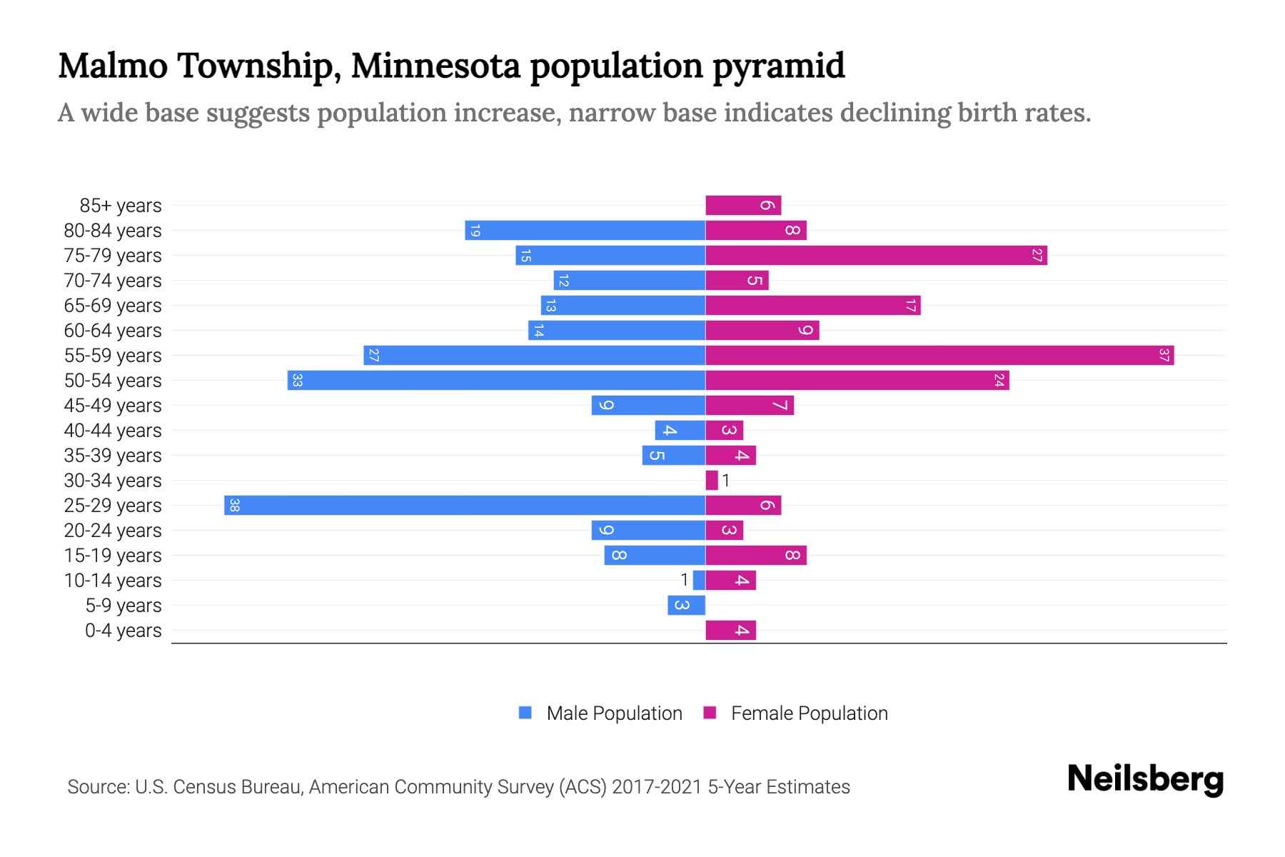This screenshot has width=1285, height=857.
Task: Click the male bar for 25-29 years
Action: (x=464, y=505)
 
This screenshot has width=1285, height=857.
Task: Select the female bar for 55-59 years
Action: (x=939, y=355)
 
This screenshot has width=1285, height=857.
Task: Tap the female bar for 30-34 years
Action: (x=712, y=480)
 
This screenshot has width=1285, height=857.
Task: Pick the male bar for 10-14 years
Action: (x=699, y=580)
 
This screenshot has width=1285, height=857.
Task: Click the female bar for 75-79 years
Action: (x=876, y=255)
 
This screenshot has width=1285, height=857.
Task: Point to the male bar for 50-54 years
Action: (x=496, y=380)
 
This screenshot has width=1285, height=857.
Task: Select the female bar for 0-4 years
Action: (x=730, y=630)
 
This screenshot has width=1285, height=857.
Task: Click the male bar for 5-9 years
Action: (x=686, y=605)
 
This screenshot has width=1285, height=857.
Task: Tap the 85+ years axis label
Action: (x=120, y=206)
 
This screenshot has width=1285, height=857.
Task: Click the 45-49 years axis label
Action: (x=113, y=406)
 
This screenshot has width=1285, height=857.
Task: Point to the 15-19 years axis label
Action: (x=113, y=556)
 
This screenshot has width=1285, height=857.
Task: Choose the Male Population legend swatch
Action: (x=525, y=713)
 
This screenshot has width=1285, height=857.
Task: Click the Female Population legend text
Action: (x=809, y=713)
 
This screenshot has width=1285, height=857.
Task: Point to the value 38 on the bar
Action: (x=234, y=505)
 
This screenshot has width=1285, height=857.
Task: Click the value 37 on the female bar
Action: (x=1164, y=355)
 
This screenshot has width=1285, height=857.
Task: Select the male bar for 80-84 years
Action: (x=585, y=230)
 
